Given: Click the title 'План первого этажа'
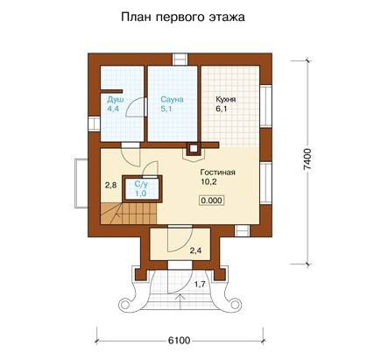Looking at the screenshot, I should (182, 17).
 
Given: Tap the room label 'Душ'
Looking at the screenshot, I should (113, 100).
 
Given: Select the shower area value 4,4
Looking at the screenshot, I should (113, 109).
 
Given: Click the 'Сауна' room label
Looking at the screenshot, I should (172, 100).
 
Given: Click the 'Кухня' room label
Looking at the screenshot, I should (226, 100).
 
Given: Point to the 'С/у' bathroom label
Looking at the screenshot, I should (139, 185).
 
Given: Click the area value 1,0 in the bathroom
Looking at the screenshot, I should (139, 194).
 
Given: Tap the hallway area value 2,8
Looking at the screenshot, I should (110, 186).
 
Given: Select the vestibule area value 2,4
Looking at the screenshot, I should (195, 251).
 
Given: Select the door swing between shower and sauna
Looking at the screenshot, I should (136, 107).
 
